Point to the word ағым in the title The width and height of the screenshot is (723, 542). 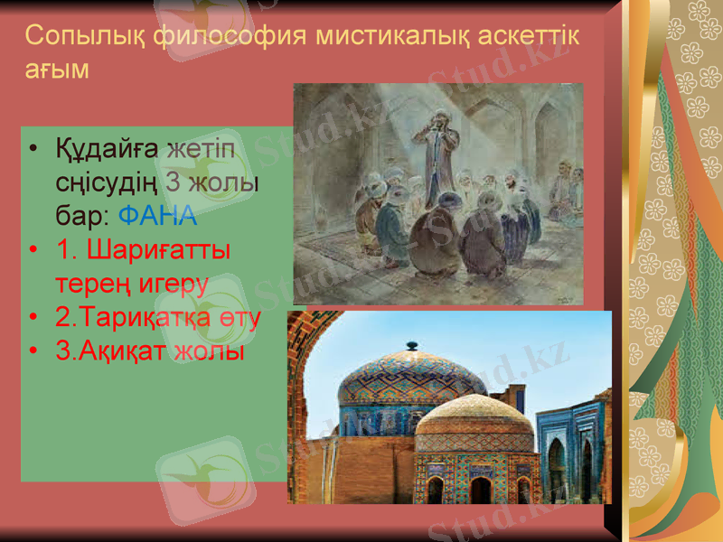56,70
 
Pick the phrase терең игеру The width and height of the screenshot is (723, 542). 132,283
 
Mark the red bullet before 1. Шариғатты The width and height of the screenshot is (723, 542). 33,250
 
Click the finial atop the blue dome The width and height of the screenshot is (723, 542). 412,345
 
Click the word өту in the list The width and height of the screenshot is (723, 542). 244,317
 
